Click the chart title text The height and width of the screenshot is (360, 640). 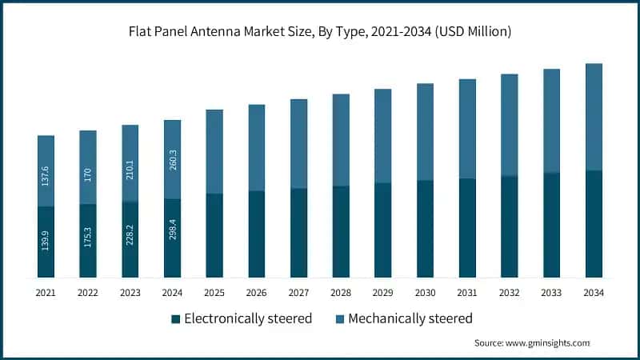(320, 32)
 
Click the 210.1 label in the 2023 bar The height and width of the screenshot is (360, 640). (130, 170)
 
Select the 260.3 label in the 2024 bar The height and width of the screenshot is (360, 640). (173, 163)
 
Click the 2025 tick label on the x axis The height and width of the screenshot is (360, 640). (214, 294)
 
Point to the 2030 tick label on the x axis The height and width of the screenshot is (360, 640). (425, 294)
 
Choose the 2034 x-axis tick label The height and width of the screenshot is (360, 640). (594, 294)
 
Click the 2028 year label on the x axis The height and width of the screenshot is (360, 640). (341, 294)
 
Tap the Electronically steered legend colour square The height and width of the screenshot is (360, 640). (176, 319)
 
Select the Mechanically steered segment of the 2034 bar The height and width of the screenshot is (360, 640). (594, 117)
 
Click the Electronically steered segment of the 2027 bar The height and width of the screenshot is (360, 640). (298, 233)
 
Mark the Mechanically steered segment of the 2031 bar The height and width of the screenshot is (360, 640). (467, 129)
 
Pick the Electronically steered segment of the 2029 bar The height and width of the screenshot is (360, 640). (383, 230)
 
